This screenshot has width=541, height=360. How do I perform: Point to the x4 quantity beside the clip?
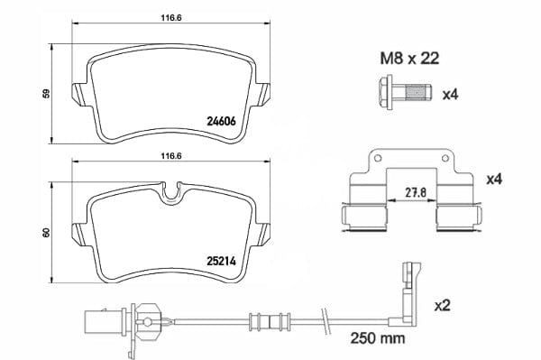coord(493,180)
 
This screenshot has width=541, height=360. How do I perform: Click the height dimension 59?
coord(46,93)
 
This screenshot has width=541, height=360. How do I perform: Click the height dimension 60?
coord(46,233)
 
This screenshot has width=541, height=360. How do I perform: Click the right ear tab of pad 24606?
coord(262,93)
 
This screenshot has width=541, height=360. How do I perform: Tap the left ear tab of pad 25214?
coord(78,230)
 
